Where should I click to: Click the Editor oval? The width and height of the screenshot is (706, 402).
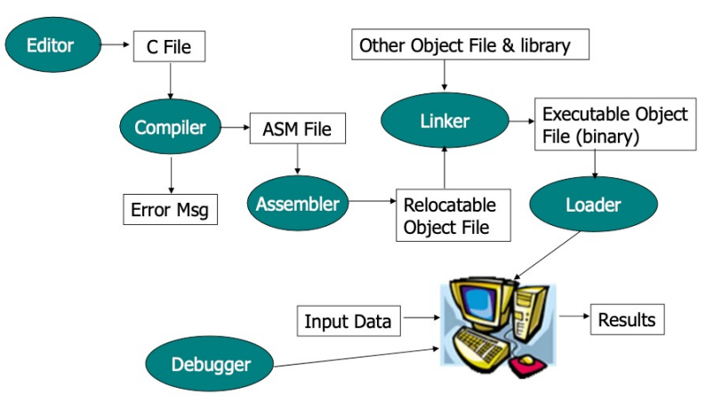pos(50,44)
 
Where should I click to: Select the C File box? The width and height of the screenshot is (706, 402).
pos(169,46)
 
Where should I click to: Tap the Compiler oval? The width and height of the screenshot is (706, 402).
pos(169,127)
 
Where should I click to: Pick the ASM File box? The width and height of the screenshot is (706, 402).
pos(296,130)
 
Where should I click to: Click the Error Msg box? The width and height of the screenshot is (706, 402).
pos(169,210)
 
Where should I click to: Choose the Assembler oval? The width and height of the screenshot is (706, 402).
pos(297,204)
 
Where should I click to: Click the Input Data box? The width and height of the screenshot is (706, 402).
pos(348,321)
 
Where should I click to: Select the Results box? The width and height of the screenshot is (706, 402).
pos(627,319)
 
